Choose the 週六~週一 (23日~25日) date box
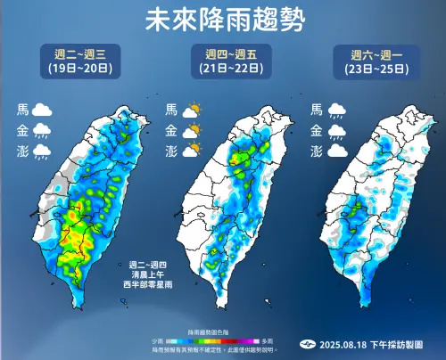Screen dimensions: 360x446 pos(373,61)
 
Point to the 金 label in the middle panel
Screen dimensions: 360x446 pos(171,131)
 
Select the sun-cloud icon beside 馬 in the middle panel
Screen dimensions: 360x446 pos(192,111)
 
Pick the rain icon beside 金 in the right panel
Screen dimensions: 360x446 pos(338,131)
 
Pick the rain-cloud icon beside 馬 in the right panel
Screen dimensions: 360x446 pos(338,111)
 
